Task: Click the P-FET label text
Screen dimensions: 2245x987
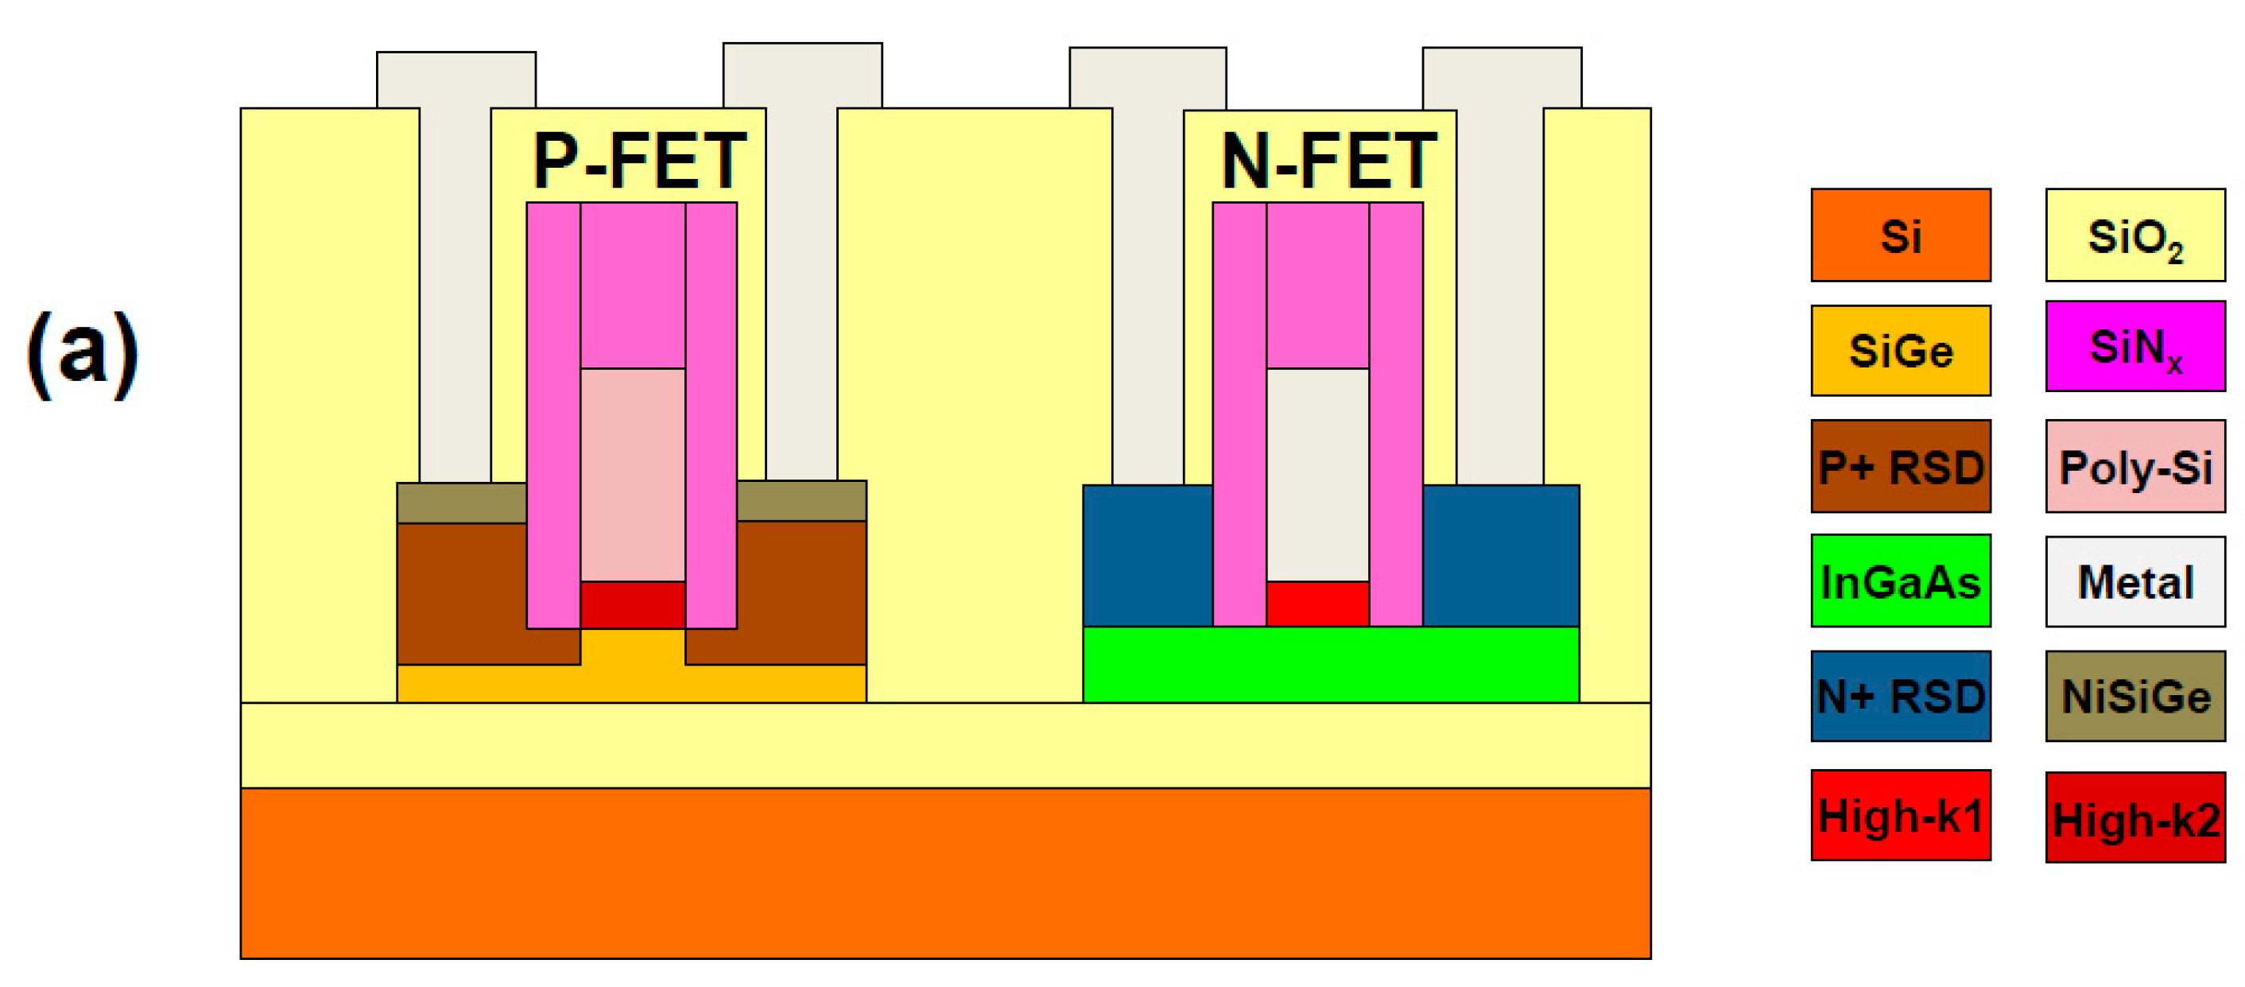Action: point(640,161)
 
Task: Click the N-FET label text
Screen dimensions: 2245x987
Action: point(1328,161)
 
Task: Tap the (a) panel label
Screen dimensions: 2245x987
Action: point(83,353)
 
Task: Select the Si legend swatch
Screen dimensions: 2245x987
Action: point(1901,235)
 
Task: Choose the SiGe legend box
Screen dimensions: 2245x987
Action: point(1901,351)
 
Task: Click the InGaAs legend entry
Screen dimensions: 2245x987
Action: point(1901,581)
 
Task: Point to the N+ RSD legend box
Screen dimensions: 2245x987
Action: point(1901,696)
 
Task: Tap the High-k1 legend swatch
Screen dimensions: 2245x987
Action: point(1901,815)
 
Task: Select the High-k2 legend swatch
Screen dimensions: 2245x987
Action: point(2135,818)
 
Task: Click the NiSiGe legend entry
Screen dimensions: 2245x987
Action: point(2135,696)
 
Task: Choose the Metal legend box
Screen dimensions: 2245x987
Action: point(2135,581)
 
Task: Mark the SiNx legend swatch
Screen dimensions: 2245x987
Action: point(2135,347)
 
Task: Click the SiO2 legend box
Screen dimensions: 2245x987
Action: point(2135,235)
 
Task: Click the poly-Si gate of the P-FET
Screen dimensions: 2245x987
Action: point(633,475)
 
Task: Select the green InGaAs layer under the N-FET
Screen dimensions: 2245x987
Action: point(1331,664)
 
